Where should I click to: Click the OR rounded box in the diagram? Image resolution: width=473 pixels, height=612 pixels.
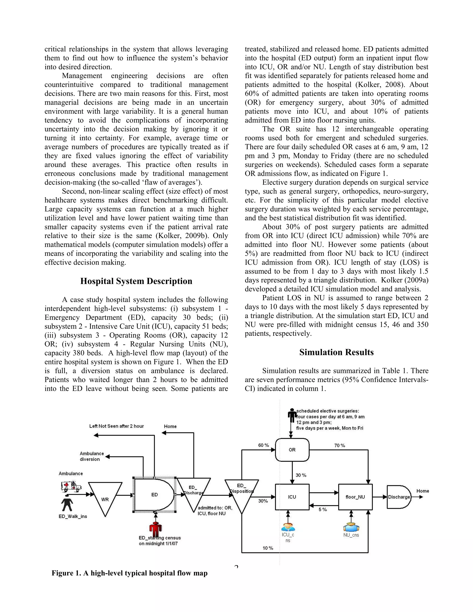click(x=292, y=450)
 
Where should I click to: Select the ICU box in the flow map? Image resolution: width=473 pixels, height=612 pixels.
click(x=292, y=497)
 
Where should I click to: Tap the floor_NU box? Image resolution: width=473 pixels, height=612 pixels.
click(x=355, y=497)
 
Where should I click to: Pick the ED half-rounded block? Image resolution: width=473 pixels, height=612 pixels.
click(x=154, y=495)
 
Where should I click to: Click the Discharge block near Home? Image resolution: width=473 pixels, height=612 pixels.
click(x=399, y=497)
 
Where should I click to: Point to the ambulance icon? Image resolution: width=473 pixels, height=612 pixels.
click(x=71, y=486)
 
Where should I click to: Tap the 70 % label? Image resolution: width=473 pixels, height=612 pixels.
click(x=340, y=445)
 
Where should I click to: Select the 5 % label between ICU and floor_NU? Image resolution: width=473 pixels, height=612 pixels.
click(x=322, y=509)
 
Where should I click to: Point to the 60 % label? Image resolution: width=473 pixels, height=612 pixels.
click(x=263, y=445)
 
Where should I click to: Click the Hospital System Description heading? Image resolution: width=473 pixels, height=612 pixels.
click(x=136, y=281)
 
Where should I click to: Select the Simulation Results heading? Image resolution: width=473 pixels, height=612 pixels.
click(x=336, y=352)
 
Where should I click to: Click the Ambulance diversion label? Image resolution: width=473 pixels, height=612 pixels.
click(x=91, y=456)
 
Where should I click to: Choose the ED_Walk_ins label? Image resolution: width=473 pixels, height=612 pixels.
click(x=73, y=516)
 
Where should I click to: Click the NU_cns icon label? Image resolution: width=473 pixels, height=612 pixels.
click(x=351, y=535)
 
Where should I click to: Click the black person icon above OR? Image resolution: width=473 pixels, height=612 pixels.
click(x=292, y=415)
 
